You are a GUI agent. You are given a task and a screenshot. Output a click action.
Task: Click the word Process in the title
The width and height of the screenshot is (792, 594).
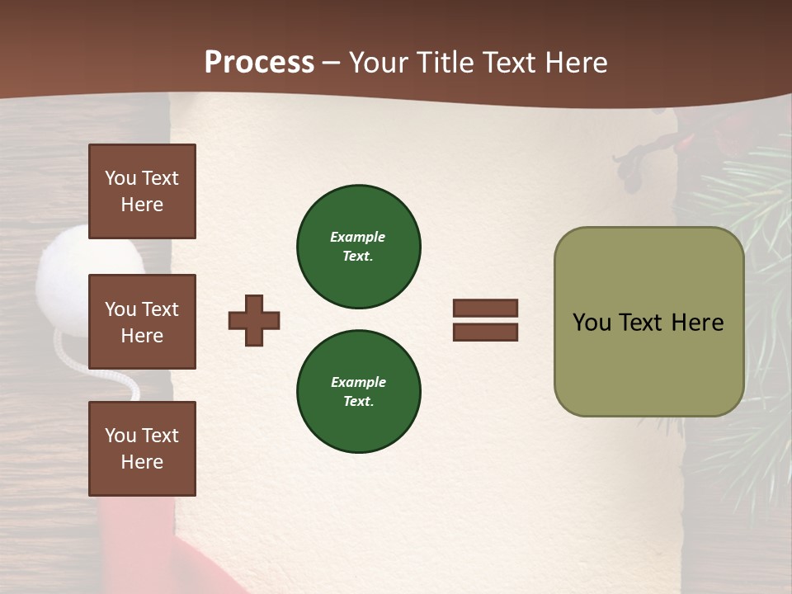click(x=259, y=63)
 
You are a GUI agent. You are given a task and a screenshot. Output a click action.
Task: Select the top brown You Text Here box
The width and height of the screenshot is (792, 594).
click(x=142, y=191)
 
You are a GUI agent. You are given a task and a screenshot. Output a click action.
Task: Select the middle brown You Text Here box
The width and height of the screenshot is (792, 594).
click(x=142, y=322)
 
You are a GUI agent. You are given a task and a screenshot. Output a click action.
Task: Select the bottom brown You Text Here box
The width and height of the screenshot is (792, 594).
click(x=142, y=449)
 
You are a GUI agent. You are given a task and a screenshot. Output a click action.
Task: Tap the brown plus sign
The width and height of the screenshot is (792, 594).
click(x=254, y=320)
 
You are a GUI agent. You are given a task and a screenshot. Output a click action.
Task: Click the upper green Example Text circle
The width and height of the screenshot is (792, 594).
click(x=358, y=247)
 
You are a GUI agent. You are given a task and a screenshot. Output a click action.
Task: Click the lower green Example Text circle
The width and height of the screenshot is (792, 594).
click(x=358, y=392)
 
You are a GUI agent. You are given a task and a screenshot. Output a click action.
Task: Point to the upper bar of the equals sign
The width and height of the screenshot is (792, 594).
click(x=485, y=309)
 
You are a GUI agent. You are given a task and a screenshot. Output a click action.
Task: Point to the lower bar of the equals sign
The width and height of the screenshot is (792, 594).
click(x=485, y=332)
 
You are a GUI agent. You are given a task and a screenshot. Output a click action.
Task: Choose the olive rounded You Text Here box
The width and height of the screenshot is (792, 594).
click(x=648, y=322)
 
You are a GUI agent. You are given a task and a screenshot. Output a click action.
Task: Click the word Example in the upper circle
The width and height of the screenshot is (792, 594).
click(x=358, y=237)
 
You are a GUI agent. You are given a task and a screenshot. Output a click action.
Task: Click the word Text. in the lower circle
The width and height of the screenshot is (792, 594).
click(x=358, y=402)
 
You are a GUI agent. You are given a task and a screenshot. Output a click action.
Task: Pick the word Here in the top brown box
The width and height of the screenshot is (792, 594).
click(x=142, y=205)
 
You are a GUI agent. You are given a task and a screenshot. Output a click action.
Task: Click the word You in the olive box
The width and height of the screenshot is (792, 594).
click(x=591, y=323)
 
